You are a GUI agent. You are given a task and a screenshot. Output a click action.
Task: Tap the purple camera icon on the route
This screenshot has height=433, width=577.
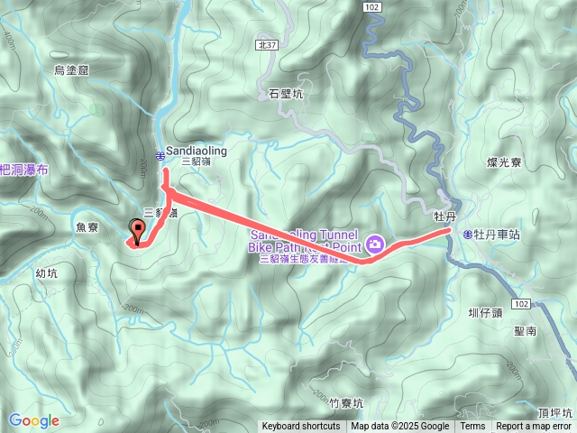pyautogui.click(x=374, y=244)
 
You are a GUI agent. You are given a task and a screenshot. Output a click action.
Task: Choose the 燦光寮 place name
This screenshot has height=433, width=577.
pyautogui.click(x=504, y=162)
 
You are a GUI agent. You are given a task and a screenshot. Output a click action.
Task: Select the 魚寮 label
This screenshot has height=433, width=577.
pyautogui.click(x=87, y=228)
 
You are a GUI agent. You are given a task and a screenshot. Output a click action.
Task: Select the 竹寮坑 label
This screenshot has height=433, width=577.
pyautogui.click(x=345, y=403)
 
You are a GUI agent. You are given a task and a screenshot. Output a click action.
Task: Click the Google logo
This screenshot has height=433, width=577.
pyautogui.click(x=34, y=420)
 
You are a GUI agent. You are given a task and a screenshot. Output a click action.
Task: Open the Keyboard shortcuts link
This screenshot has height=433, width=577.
pyautogui.click(x=301, y=427)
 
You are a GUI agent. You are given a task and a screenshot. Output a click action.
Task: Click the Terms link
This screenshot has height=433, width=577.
pyautogui.click(x=472, y=427)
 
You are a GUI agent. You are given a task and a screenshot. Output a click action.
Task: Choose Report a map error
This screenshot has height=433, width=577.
pyautogui.click(x=534, y=427)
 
